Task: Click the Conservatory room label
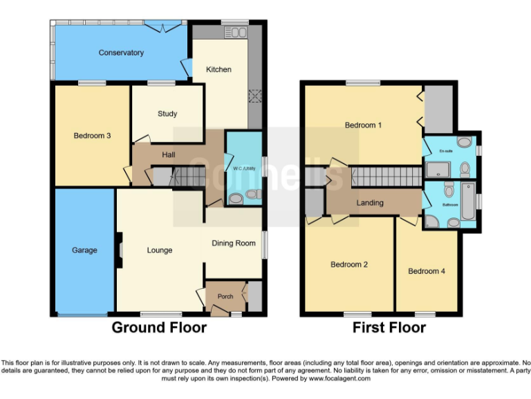coord(121,53)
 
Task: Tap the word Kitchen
coord(218,69)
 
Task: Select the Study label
coord(167,114)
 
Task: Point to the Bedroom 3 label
coord(92,136)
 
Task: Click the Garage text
coord(86,251)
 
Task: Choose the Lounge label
coord(160,250)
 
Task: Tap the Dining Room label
coord(233,243)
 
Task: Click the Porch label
coord(225,296)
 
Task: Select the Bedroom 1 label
coord(364,125)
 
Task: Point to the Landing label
coord(370,203)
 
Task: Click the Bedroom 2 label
coord(348,265)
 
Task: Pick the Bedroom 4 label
coord(426,271)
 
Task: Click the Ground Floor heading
coord(159,328)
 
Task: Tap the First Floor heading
coord(389,328)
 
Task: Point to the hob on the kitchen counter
coord(254,96)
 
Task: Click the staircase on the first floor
coord(384,177)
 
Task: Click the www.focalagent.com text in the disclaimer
coord(339,379)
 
